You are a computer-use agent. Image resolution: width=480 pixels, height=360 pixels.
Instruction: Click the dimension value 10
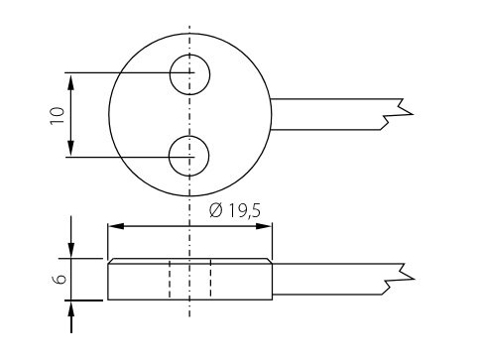point(58,115)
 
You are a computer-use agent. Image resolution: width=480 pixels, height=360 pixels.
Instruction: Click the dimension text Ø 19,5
point(235,210)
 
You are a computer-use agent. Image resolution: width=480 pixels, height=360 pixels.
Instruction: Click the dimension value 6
point(60,279)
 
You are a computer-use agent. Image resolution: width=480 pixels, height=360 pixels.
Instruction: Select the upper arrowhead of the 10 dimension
point(70,82)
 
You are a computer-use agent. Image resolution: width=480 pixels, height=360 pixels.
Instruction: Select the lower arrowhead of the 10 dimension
point(70,148)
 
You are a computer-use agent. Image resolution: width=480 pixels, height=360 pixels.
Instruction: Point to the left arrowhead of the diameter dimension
point(116,226)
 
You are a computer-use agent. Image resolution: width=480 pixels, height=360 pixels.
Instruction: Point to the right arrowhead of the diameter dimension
point(264,226)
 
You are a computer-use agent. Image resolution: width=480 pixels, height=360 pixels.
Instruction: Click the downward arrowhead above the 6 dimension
point(71,250)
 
